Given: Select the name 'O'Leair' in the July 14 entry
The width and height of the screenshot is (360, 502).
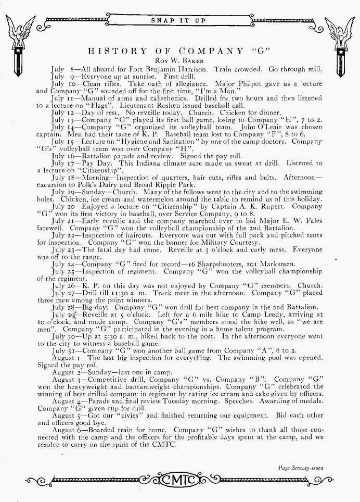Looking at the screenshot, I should (271, 127).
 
